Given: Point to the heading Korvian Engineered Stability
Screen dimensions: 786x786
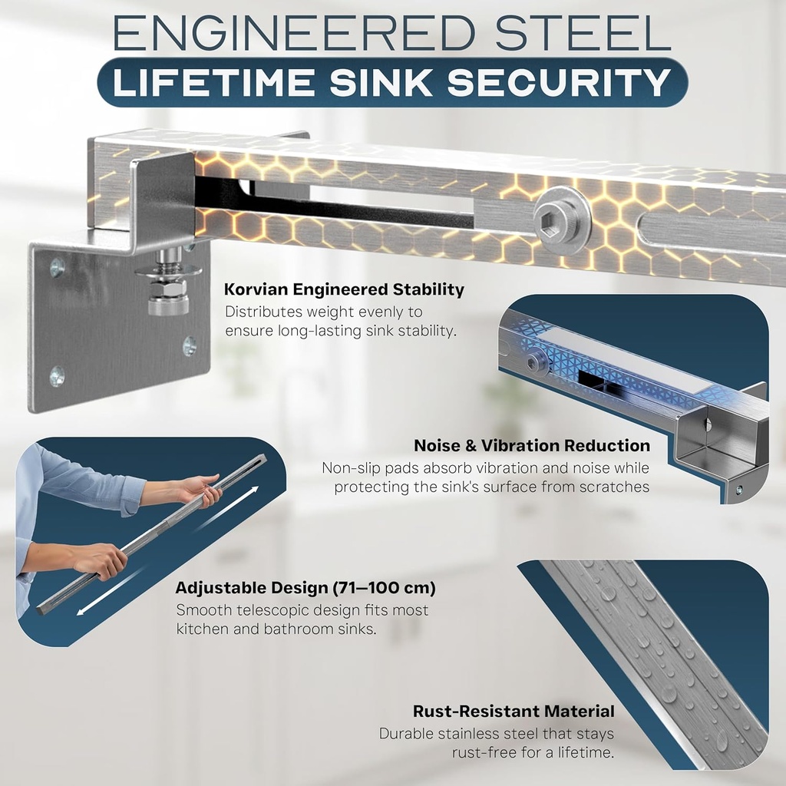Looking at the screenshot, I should point(344,290).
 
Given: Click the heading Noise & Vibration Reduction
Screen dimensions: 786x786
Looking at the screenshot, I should point(531,446).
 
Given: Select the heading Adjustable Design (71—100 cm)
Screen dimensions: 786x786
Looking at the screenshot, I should point(305,589).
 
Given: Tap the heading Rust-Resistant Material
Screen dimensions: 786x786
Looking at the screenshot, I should point(514,712).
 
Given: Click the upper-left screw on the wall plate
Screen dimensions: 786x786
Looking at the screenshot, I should point(57,268).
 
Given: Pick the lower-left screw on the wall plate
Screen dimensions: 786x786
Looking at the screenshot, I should point(57,375).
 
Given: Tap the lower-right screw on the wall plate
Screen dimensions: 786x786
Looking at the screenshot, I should point(189,346).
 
